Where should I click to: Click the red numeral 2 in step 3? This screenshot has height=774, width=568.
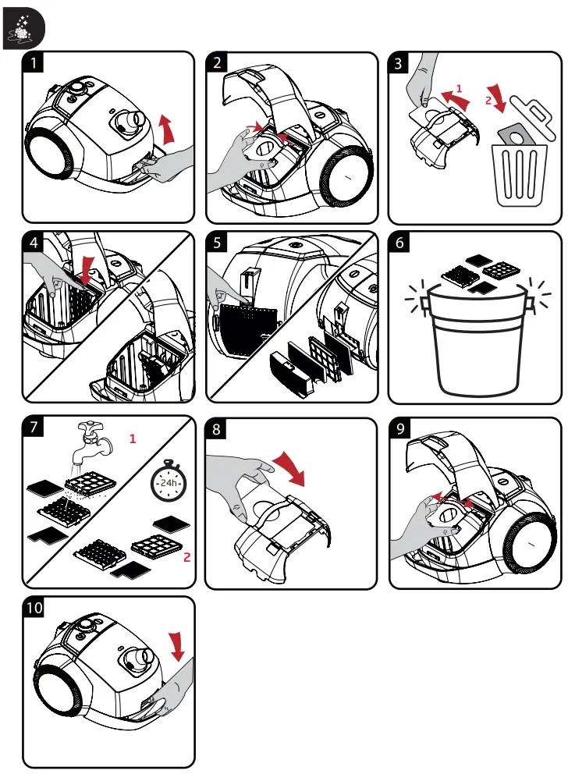coord(488,100)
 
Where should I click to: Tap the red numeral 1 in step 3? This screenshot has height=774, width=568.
coord(459,88)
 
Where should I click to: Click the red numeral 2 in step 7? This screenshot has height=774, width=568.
coord(187,558)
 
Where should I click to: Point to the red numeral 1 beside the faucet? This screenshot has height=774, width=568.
coord(133,439)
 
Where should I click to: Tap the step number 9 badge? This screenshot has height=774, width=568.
coord(400,428)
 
